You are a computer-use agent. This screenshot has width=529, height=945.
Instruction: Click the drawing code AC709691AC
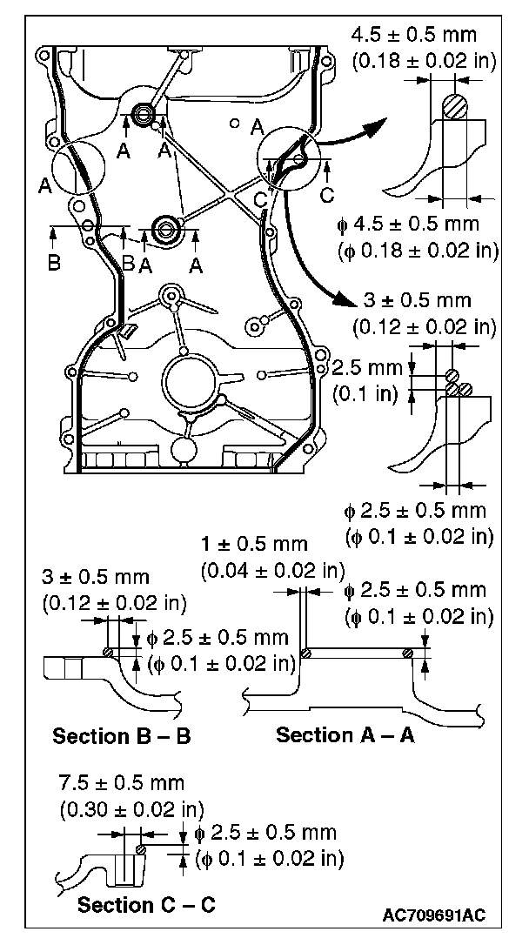point(433,915)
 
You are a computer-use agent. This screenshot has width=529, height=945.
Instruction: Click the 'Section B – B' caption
point(122,736)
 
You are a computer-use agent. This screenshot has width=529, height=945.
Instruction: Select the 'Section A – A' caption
point(345,735)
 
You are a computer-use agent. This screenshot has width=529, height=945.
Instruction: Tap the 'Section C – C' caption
point(146,905)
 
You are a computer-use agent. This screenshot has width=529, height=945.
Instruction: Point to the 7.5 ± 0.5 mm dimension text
point(121,784)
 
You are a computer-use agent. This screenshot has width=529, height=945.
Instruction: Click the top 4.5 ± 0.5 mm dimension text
point(412,37)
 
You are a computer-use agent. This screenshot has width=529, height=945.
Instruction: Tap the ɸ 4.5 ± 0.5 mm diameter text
point(409,225)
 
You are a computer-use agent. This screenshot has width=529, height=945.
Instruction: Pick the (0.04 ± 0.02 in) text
point(271,571)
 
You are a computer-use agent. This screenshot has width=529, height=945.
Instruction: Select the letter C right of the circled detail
point(328,195)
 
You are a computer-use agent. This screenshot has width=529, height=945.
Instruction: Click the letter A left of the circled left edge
point(44,184)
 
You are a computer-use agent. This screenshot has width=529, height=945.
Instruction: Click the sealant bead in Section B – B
point(108,653)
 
